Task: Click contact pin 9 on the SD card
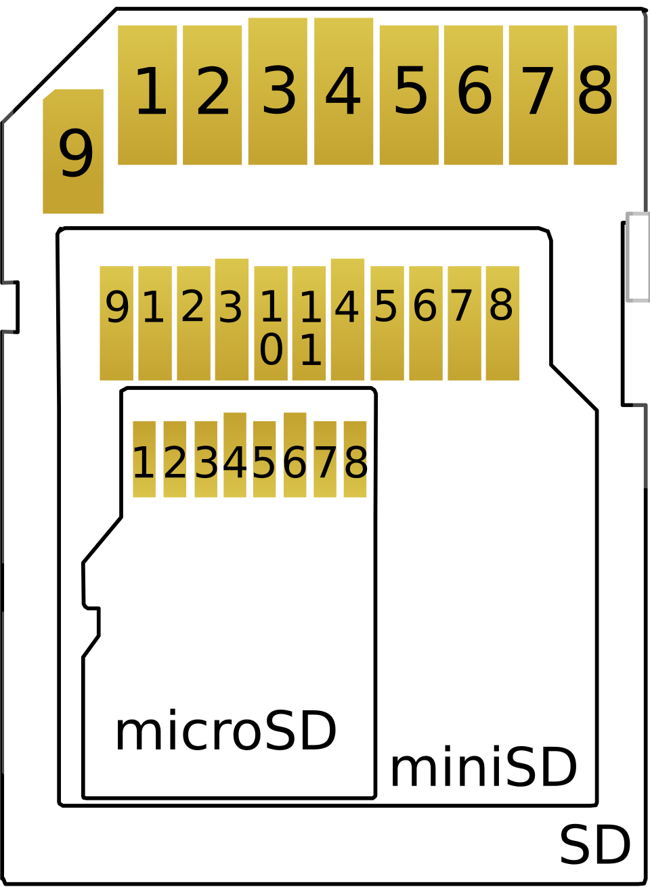[x=73, y=151]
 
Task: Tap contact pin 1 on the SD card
[x=147, y=95]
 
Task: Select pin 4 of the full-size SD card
[x=343, y=91]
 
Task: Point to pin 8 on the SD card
[x=595, y=95]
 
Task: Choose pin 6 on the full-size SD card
[x=473, y=95]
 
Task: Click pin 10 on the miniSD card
[x=271, y=323]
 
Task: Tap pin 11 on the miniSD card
[x=309, y=323]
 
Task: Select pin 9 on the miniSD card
[x=116, y=323]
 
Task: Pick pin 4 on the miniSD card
[x=347, y=320]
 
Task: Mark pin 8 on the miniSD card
[x=503, y=323]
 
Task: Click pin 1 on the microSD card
[x=144, y=459]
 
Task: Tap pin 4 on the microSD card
[x=235, y=455]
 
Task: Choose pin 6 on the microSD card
[x=295, y=455]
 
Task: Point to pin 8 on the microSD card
[x=355, y=459]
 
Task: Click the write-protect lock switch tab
[x=638, y=257]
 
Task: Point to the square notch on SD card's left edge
[x=10, y=307]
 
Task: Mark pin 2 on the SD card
[x=212, y=95]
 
